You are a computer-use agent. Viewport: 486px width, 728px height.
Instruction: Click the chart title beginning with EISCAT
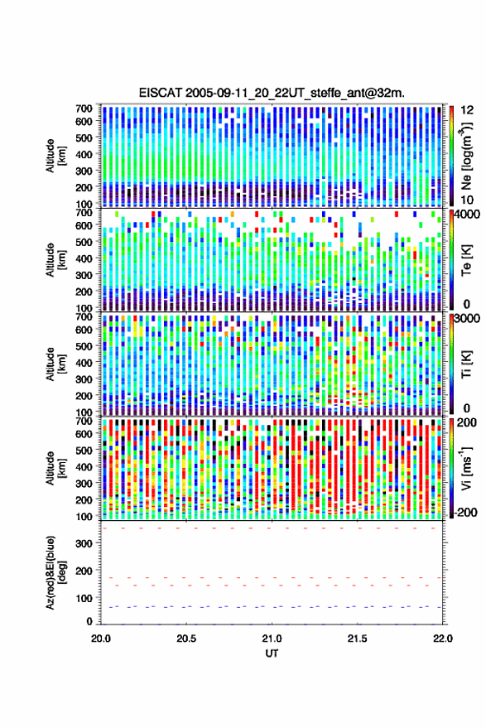click(272, 93)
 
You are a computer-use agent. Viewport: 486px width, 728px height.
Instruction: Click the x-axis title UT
click(272, 653)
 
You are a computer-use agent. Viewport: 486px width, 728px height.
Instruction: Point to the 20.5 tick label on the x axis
click(186, 639)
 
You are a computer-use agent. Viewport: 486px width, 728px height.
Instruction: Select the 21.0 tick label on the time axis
click(272, 639)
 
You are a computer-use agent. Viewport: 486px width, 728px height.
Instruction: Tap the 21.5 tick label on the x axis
click(357, 639)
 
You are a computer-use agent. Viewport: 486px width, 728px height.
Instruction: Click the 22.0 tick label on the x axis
click(442, 639)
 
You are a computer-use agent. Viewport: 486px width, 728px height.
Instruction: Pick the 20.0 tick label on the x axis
click(101, 639)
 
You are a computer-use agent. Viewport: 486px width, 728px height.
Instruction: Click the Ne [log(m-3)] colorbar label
click(466, 156)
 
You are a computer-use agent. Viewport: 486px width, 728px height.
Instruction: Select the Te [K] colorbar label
click(466, 260)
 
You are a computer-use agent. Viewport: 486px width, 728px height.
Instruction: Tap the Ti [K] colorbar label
click(466, 364)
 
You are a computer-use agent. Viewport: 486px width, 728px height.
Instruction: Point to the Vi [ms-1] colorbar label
click(466, 468)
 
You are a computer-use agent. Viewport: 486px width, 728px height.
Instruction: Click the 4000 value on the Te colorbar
click(469, 215)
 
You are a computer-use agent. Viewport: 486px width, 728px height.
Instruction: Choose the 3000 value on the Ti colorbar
click(469, 319)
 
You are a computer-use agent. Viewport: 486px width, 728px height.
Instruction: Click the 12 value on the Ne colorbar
click(468, 110)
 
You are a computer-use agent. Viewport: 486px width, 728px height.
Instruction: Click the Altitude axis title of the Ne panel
click(55, 156)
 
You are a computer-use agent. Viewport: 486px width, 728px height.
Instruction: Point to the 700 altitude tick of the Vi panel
click(84, 422)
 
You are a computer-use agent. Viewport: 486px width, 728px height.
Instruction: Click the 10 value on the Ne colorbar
click(468, 200)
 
